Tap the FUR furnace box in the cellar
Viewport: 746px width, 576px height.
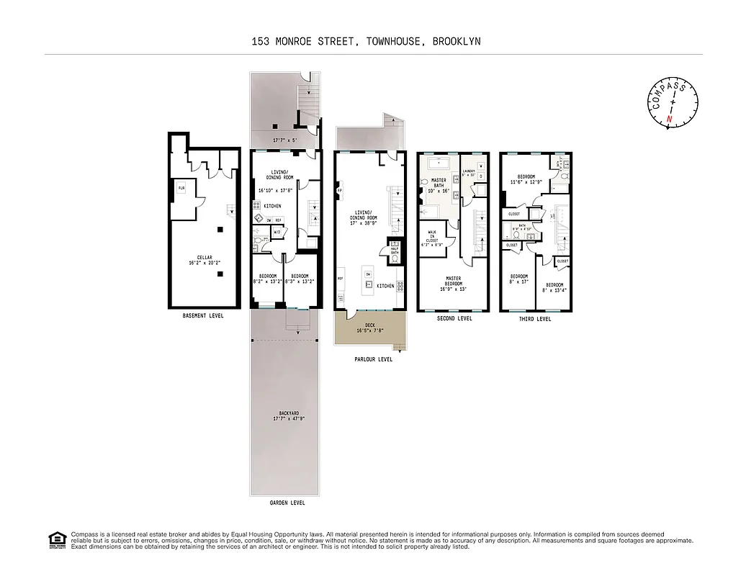(182, 189)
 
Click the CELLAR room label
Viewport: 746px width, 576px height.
(205, 256)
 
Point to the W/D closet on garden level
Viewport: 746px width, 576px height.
(277, 232)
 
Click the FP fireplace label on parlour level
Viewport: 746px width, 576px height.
(339, 191)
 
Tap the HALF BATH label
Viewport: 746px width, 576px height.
(395, 250)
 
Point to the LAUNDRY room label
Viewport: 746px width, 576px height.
(470, 171)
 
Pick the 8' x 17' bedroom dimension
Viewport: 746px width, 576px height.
(519, 282)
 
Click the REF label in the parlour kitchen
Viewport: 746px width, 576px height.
(340, 279)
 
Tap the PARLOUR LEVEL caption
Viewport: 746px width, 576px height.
(373, 359)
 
